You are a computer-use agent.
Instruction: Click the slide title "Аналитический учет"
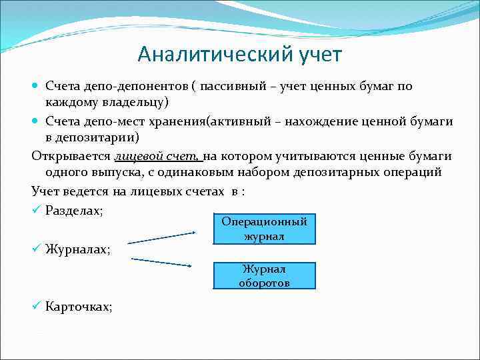click(x=239, y=53)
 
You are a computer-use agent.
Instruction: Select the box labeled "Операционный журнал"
click(x=265, y=229)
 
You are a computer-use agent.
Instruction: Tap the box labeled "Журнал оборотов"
click(x=265, y=275)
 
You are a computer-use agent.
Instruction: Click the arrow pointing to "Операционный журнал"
click(x=163, y=237)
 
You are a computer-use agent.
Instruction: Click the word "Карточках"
click(x=79, y=307)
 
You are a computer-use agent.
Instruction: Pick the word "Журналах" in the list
click(x=78, y=249)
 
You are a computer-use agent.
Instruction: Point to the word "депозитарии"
click(x=98, y=138)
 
